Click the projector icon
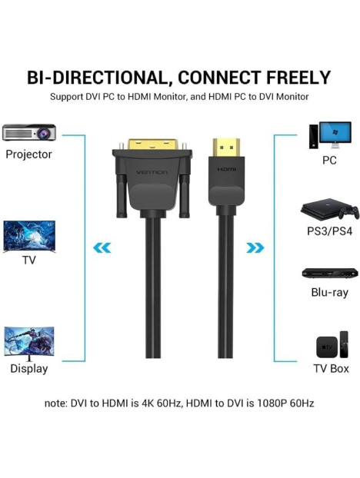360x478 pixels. click(x=29, y=132)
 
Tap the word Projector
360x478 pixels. click(x=28, y=154)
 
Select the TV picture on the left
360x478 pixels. click(x=29, y=237)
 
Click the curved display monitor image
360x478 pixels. click(x=29, y=344)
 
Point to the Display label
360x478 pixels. click(x=29, y=368)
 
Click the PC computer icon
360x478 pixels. click(x=330, y=135)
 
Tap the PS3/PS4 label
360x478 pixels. click(x=329, y=231)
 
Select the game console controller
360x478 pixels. click(x=349, y=212)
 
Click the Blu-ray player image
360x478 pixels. click(x=330, y=273)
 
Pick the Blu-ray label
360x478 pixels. click(x=329, y=292)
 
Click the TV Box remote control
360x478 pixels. click(x=344, y=344)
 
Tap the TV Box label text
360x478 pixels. click(x=331, y=368)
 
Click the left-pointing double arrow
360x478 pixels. click(x=102, y=248)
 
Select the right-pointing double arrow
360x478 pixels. click(x=255, y=248)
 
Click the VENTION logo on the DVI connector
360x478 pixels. click(x=152, y=173)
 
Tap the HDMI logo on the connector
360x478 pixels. click(x=227, y=169)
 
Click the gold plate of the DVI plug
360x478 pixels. click(x=152, y=144)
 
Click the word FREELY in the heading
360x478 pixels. click(x=298, y=78)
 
